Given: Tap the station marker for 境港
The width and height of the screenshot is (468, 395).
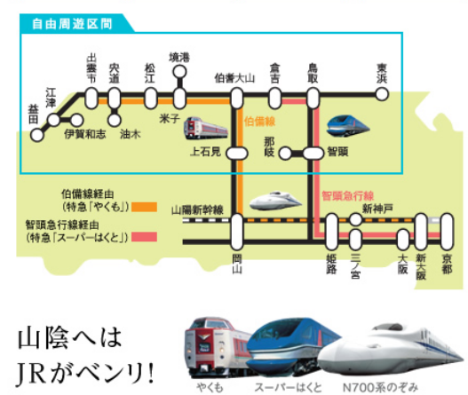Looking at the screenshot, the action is (x=179, y=72).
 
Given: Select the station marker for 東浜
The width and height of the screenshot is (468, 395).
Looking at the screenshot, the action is (x=382, y=94).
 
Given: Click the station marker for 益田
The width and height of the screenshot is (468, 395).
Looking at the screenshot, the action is (x=37, y=135).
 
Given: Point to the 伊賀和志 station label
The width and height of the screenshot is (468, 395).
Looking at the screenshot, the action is (x=85, y=134).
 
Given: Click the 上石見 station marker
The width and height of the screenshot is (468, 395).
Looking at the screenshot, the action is (x=237, y=154).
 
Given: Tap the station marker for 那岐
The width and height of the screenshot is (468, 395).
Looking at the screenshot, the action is (x=285, y=154).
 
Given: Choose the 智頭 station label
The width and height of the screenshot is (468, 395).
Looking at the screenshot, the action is (x=337, y=152).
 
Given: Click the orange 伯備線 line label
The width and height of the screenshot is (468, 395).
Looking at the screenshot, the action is (x=259, y=122).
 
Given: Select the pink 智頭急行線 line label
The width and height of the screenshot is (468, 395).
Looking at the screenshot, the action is (x=348, y=196).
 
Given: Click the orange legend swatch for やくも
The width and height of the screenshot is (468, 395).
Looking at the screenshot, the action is (x=145, y=207).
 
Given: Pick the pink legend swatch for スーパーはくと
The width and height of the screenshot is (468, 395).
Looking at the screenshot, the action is (x=145, y=237).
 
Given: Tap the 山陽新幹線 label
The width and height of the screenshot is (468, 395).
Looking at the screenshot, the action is (x=197, y=210).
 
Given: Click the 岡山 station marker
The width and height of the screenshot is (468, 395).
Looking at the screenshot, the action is (x=237, y=232).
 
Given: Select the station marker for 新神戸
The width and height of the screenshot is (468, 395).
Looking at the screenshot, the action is (x=355, y=219).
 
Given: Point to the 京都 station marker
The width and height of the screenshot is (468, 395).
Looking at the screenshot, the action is (x=447, y=232).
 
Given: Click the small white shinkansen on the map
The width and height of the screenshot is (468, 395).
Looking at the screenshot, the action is (x=275, y=201).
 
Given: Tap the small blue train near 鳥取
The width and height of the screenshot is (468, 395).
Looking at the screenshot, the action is (x=348, y=126).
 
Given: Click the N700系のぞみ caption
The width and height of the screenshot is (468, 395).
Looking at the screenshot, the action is (x=381, y=387).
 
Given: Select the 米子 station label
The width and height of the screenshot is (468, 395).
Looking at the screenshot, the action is (x=170, y=118).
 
